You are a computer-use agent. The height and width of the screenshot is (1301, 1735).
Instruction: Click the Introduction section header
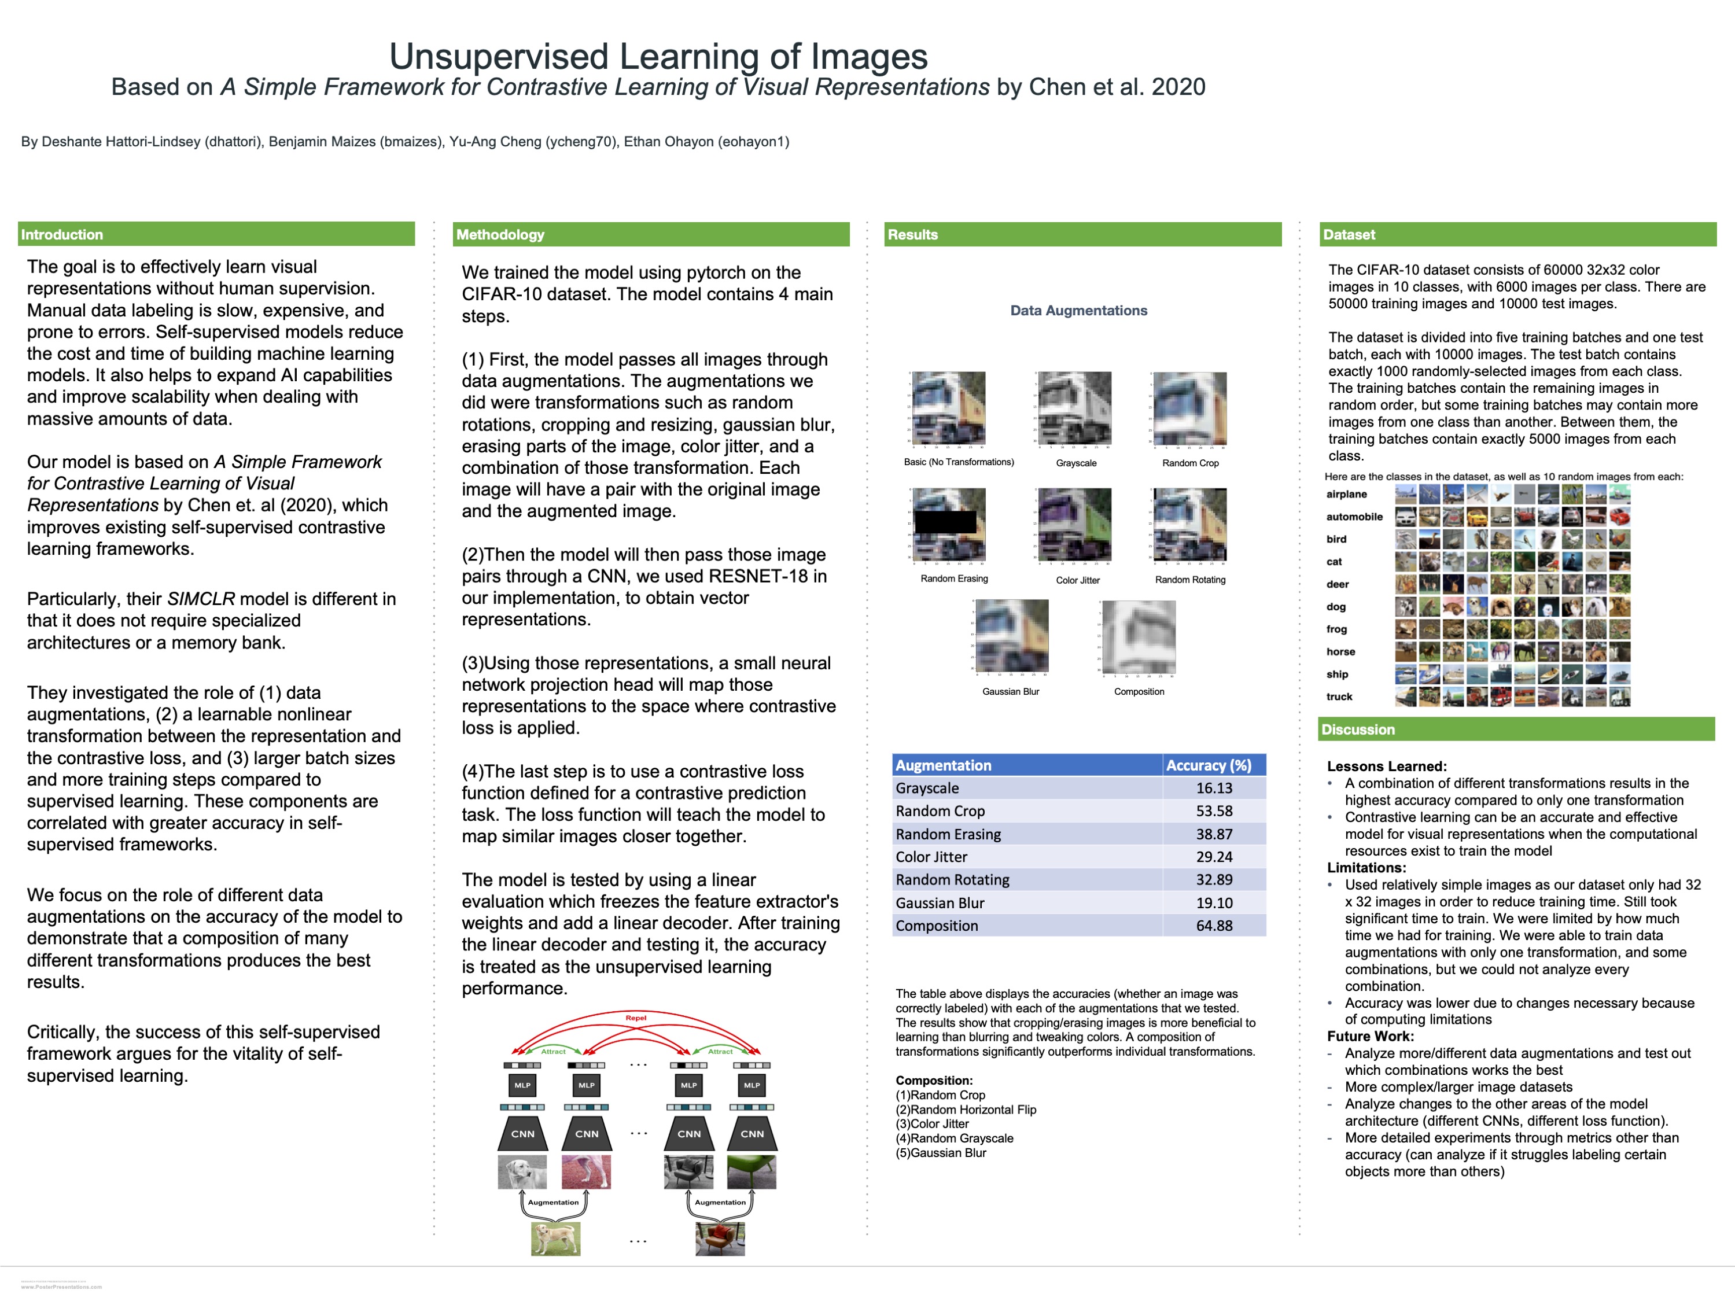coord(62,234)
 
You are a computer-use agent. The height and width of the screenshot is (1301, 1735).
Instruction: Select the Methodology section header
coord(500,234)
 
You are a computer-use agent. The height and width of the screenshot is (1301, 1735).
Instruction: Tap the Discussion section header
coord(1358,729)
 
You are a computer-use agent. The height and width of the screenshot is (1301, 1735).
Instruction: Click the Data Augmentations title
coord(1078,311)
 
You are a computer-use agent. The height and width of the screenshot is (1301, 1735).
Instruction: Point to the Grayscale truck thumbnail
coord(1074,408)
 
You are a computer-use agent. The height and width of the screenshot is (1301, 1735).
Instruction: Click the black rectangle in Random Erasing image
coord(946,521)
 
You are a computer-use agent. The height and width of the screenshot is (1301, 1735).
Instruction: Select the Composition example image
coord(1139,637)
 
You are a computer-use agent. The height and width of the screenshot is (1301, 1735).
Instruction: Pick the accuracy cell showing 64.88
coord(1213,926)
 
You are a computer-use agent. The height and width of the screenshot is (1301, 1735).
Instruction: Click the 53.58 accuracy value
coord(1213,811)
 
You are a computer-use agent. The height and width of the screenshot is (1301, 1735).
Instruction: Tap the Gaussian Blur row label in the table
coord(940,902)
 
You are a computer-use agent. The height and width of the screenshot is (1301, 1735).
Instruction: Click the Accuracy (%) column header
coord(1208,765)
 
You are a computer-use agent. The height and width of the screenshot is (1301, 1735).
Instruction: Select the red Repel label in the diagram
coord(635,1018)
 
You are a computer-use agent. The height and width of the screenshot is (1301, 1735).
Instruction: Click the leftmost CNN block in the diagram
coord(522,1133)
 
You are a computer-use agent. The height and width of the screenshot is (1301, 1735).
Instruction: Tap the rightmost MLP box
coord(752,1085)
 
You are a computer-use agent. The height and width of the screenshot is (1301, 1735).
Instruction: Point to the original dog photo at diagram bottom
coord(555,1239)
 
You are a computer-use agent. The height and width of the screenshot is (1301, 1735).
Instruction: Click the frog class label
coord(1336,629)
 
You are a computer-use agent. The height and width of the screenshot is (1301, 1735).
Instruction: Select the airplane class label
coord(1346,494)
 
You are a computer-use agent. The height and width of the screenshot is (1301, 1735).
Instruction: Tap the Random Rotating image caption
coord(1190,580)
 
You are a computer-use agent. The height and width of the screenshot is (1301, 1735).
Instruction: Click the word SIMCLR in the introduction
coord(201,599)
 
